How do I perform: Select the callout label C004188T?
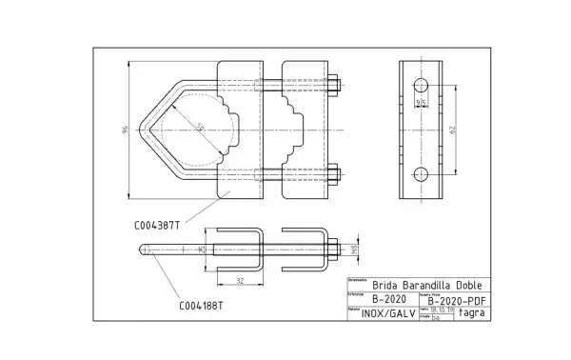coord(201,306)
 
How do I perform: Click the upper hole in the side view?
coord(421,88)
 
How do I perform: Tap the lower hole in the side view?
coord(421,172)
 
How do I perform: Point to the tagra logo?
coord(472,312)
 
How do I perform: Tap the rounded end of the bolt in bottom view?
coord(144,250)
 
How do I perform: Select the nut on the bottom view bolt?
coord(336,250)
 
